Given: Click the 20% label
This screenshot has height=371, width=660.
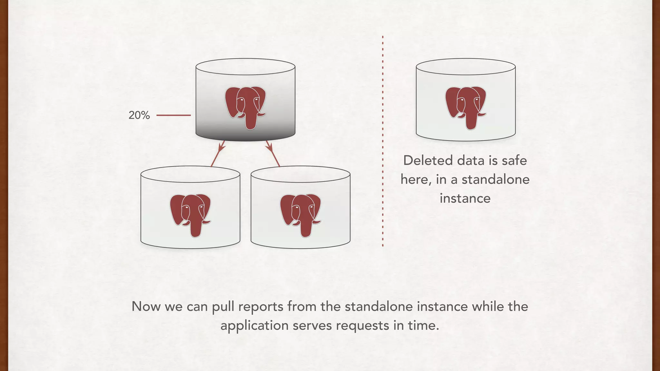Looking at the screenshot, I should click(139, 115).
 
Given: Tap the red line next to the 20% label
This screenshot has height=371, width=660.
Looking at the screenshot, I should click(173, 115).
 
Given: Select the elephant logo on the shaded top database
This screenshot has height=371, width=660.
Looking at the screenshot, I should click(246, 107).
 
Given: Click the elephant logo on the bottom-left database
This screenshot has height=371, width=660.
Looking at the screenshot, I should click(190, 214).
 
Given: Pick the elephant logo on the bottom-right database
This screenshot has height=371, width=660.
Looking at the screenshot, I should click(301, 214).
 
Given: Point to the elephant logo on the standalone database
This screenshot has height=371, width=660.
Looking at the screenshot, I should click(466, 107).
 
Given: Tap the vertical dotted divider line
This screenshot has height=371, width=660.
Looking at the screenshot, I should click(383, 142).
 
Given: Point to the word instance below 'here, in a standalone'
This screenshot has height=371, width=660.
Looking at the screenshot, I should click(465, 198).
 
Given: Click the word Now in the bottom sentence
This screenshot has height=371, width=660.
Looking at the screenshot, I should click(146, 306).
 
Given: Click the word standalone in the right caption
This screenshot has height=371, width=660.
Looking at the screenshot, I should click(495, 179).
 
